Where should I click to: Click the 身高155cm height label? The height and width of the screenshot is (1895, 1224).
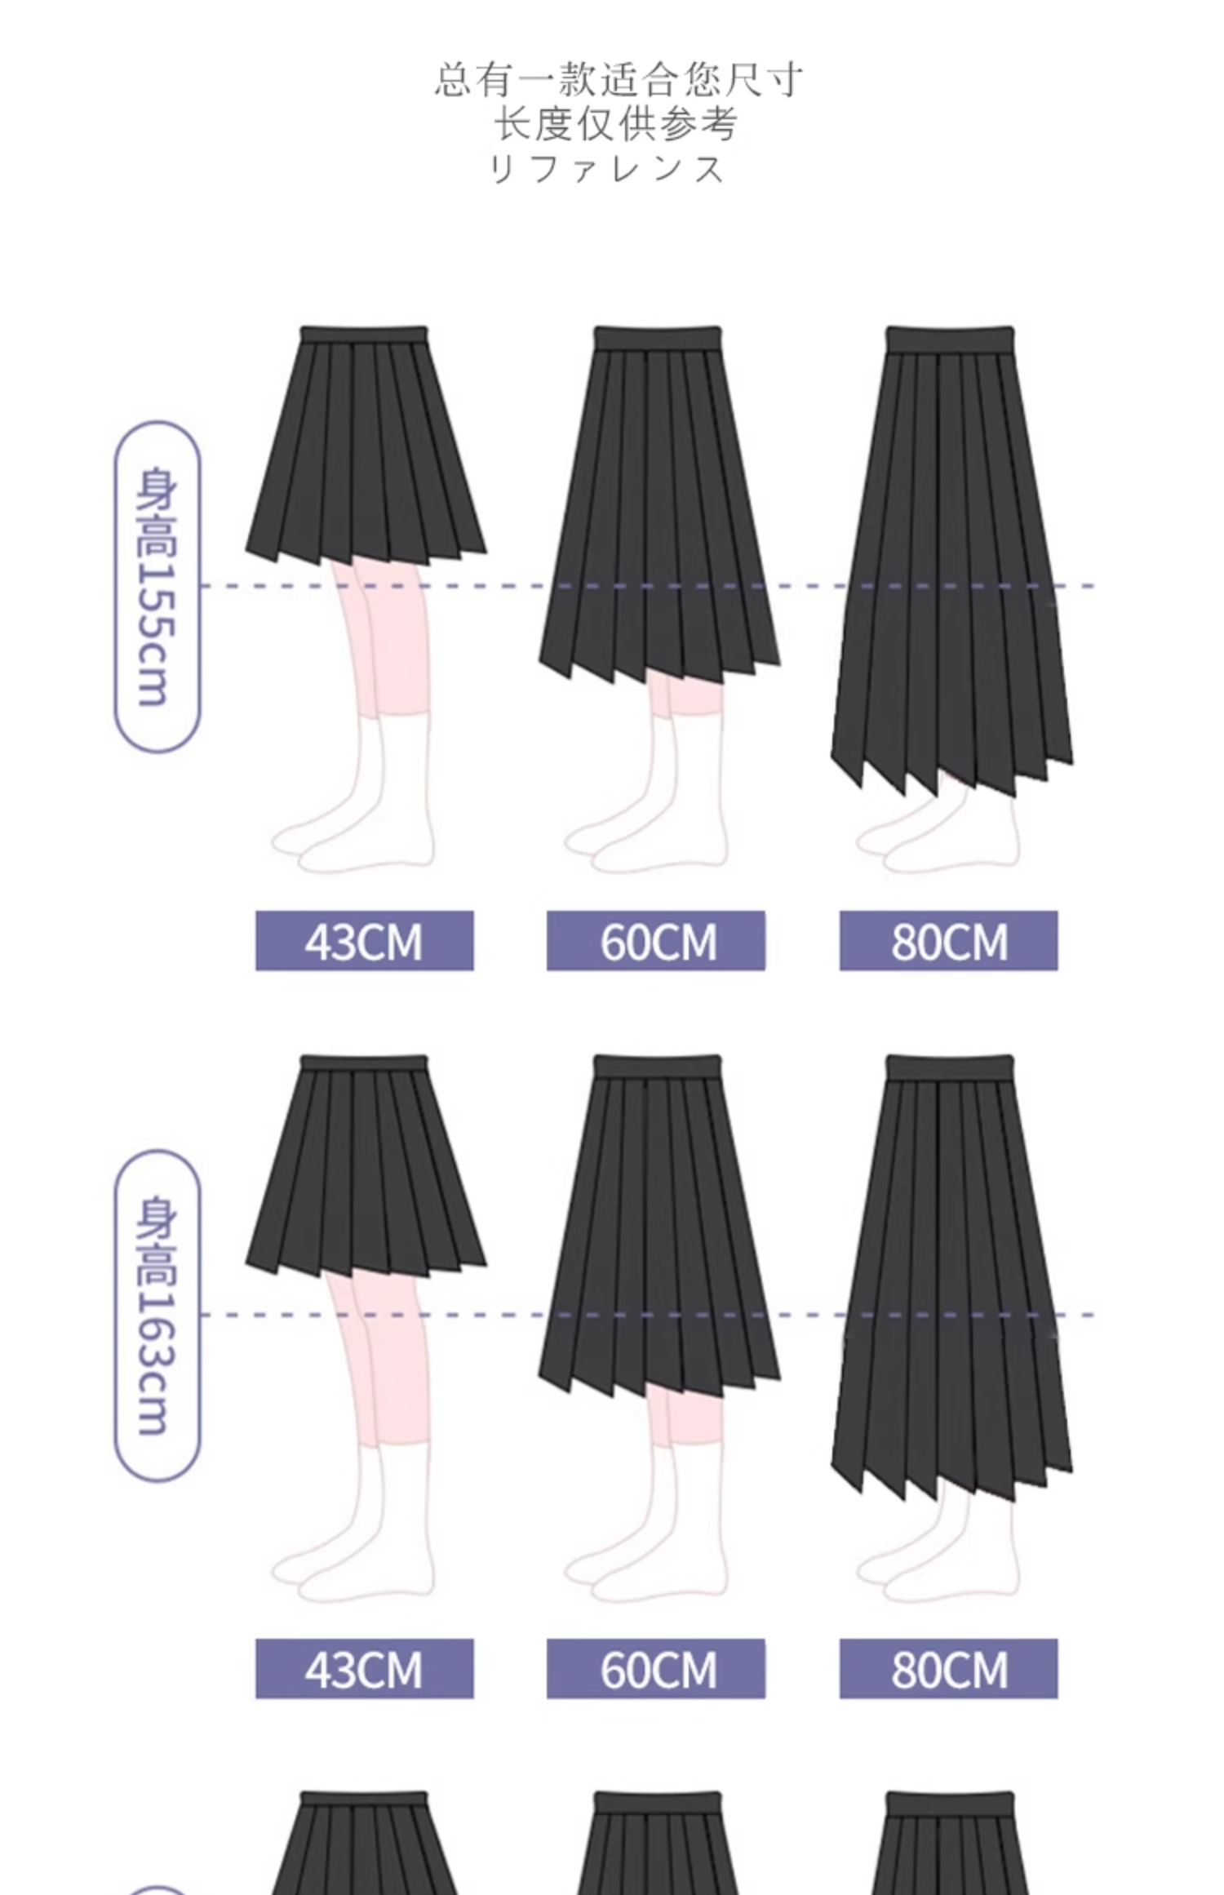click(155, 586)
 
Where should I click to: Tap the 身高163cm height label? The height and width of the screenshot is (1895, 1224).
click(155, 1314)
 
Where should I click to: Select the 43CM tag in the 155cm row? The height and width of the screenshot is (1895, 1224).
click(364, 940)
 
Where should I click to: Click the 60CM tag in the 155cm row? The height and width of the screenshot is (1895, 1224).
click(656, 940)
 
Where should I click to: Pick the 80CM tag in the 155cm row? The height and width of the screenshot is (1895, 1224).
click(948, 940)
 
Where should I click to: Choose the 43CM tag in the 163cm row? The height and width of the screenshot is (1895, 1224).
click(364, 1668)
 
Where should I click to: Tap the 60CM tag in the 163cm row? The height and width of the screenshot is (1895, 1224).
click(656, 1668)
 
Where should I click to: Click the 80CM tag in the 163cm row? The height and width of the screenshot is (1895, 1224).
click(948, 1668)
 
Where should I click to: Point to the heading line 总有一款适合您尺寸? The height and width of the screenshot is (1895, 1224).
click(618, 79)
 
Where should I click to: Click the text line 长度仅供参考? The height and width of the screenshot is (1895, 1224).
click(616, 124)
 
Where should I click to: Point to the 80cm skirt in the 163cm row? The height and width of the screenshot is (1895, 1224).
click(951, 1289)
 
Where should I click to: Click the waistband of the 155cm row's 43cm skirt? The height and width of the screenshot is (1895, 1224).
click(364, 335)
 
